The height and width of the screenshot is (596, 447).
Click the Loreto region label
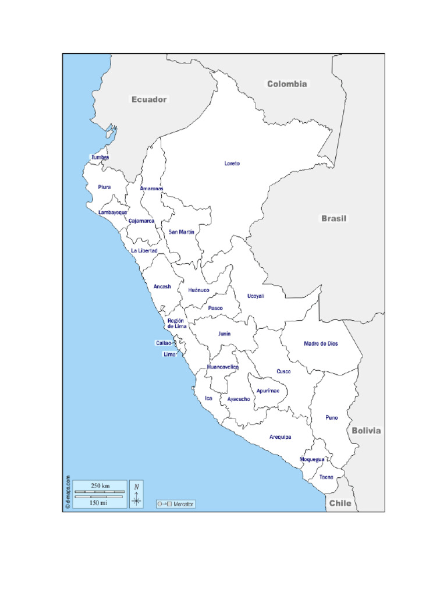(x=232, y=164)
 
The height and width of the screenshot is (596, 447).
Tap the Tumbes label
(x=100, y=157)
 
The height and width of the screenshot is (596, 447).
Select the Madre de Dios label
(x=321, y=343)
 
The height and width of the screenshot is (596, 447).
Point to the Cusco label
(x=283, y=371)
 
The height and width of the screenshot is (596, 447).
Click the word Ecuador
(x=149, y=100)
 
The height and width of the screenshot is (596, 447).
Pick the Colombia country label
(x=287, y=84)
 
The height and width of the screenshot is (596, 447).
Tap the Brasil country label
(x=334, y=219)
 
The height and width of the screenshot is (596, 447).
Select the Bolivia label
(x=366, y=431)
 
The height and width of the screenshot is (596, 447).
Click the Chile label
(x=340, y=503)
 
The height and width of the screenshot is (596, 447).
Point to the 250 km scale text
(x=100, y=485)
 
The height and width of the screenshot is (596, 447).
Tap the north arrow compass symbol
(x=136, y=495)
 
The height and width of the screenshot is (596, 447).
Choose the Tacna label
(x=326, y=477)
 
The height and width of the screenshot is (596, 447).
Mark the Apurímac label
(x=268, y=391)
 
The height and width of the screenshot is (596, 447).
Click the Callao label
(x=163, y=343)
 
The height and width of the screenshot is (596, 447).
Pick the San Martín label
(x=181, y=232)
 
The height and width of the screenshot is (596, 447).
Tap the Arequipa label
(x=280, y=437)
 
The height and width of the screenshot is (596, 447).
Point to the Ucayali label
(x=256, y=296)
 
